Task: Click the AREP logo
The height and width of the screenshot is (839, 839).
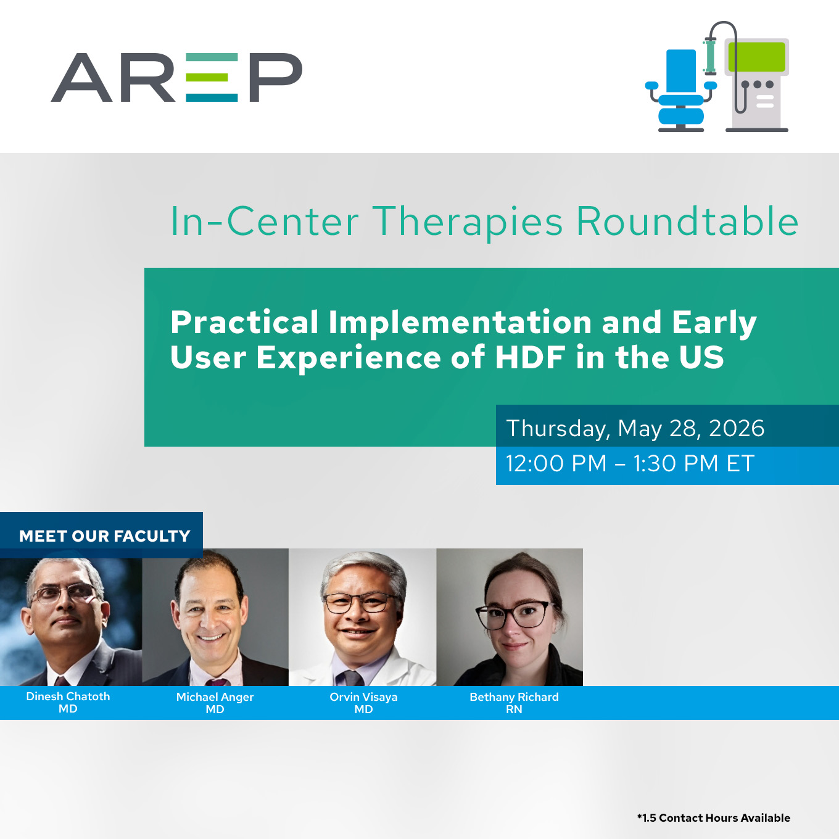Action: (x=176, y=78)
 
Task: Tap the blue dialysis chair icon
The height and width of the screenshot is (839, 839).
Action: (x=680, y=91)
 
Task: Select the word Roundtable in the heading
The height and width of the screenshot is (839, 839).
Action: (x=687, y=222)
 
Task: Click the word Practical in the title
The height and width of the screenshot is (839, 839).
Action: (x=244, y=323)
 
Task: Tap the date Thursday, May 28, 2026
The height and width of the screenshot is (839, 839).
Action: (x=635, y=428)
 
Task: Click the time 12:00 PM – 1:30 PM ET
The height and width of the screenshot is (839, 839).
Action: (x=630, y=463)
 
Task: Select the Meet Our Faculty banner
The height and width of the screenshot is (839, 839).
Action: (x=101, y=535)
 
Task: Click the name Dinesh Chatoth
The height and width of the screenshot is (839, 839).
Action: (x=68, y=696)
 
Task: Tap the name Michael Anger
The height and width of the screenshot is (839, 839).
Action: (x=215, y=696)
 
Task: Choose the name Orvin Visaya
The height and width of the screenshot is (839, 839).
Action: (x=363, y=696)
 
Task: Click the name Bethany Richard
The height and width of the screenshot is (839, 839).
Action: (x=514, y=696)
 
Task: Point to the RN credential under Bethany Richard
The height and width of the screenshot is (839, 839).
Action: (x=514, y=709)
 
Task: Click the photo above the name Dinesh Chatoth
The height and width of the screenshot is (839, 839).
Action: (x=71, y=621)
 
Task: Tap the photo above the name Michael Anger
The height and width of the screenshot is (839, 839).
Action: (x=215, y=617)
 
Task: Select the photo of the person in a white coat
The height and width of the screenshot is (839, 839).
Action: (x=362, y=617)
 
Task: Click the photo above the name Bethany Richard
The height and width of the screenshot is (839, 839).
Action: (x=510, y=617)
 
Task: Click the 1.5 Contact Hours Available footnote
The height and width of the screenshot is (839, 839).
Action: (x=714, y=817)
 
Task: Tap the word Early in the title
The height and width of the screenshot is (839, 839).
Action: (x=714, y=323)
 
